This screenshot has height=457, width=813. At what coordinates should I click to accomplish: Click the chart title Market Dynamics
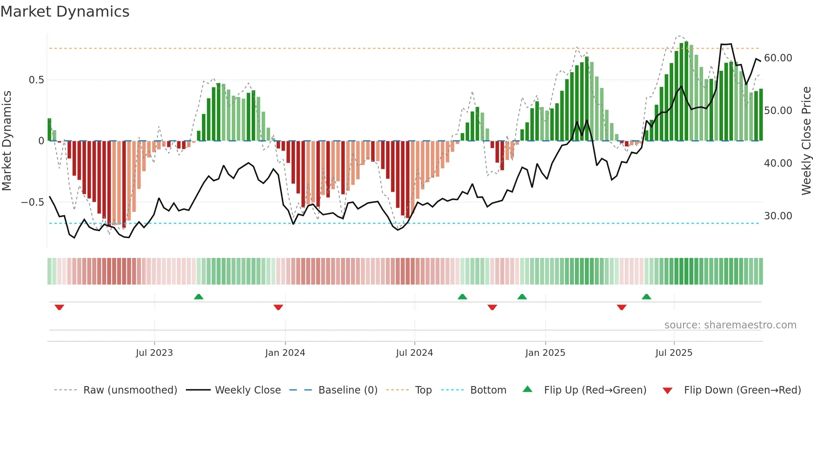pyautogui.click(x=65, y=12)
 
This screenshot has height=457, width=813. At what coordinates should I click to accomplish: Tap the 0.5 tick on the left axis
pyautogui.click(x=36, y=80)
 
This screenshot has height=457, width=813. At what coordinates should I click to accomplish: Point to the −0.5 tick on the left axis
pyautogui.click(x=32, y=202)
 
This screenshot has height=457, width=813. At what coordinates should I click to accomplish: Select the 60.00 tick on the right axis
pyautogui.click(x=778, y=58)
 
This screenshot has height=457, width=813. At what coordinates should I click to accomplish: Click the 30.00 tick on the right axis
pyautogui.click(x=778, y=216)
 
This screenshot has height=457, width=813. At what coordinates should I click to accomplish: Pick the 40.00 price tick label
pyautogui.click(x=778, y=163)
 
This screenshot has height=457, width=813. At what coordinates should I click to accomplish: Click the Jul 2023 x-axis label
pyautogui.click(x=154, y=353)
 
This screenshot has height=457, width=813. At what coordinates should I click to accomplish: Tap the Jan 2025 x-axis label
pyautogui.click(x=545, y=353)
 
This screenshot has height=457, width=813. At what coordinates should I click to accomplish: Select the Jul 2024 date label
pyautogui.click(x=414, y=353)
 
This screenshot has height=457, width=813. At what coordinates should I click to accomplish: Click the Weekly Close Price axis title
pyautogui.click(x=806, y=141)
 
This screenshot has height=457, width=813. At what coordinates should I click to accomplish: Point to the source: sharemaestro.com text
pyautogui.click(x=730, y=325)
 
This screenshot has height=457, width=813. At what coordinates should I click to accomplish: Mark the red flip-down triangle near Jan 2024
pyautogui.click(x=278, y=307)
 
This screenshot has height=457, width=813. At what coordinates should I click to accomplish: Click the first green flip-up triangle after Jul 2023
pyautogui.click(x=199, y=297)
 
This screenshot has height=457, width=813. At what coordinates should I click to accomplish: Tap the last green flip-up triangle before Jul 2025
pyautogui.click(x=646, y=297)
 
